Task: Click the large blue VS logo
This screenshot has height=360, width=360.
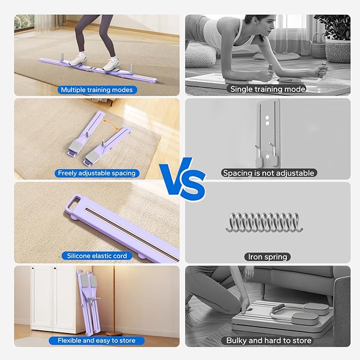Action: (x=182, y=179)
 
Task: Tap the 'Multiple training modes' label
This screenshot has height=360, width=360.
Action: (x=97, y=90)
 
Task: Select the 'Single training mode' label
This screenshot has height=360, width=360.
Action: (x=268, y=89)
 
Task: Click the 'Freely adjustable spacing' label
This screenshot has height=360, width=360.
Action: (x=97, y=173)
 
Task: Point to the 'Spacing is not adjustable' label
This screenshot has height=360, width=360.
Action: (x=269, y=173)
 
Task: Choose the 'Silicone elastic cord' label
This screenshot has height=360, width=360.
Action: (x=97, y=256)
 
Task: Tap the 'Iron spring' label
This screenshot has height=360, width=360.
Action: (x=268, y=257)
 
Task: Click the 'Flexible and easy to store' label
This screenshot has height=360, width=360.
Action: (x=96, y=340)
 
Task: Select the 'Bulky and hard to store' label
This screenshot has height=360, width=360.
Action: (x=269, y=340)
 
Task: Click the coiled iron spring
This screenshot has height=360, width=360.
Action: (x=265, y=222)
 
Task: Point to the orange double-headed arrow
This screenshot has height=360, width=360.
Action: (x=111, y=125)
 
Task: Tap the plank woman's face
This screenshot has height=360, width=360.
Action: (x=268, y=27)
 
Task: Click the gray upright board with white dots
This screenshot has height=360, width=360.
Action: (x=268, y=133)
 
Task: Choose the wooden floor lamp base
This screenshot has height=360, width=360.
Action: (x=114, y=333)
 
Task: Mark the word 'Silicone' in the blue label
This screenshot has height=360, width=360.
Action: (x=77, y=256)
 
